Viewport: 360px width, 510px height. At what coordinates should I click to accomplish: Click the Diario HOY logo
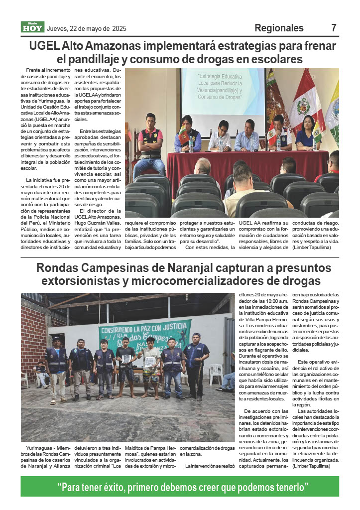tap(32, 27)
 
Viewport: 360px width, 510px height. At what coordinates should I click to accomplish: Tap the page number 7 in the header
tap(334, 28)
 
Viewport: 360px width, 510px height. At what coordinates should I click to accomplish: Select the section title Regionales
tap(279, 28)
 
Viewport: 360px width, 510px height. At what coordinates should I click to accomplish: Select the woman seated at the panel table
tap(306, 132)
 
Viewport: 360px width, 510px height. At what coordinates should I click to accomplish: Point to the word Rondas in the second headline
tap(62, 268)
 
